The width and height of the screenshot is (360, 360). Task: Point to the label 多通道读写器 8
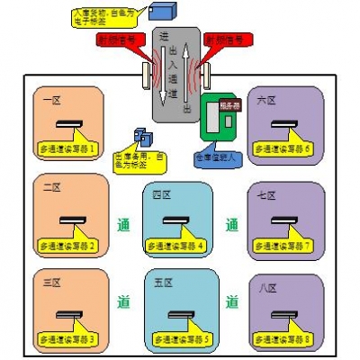click(x=282, y=339)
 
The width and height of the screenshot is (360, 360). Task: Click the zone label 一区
click(x=50, y=99)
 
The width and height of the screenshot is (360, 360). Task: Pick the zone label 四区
click(x=162, y=194)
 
